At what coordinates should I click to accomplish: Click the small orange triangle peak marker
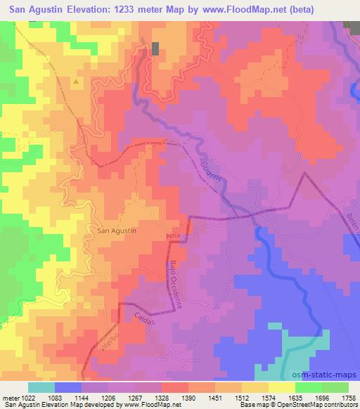[x=76, y=81]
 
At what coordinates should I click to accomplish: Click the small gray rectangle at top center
[x=155, y=48]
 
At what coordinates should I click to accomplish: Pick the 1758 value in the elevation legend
[x=349, y=397]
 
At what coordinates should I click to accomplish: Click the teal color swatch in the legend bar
[x=41, y=387]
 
